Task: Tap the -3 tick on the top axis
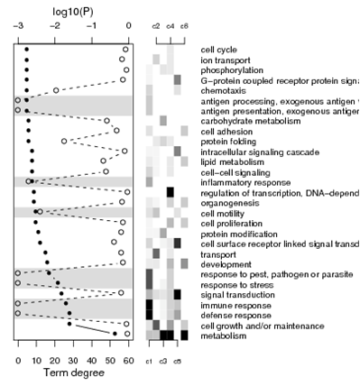click(x=18, y=27)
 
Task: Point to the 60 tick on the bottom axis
click(x=128, y=359)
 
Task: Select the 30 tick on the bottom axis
click(x=73, y=359)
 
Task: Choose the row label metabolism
click(x=226, y=335)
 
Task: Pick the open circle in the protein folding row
click(x=64, y=141)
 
